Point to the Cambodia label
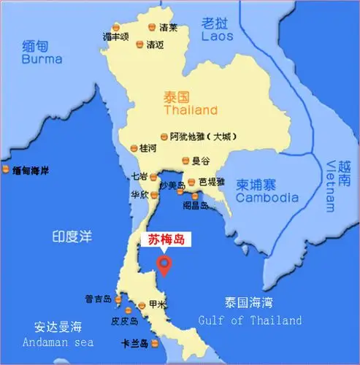[x=267, y=197]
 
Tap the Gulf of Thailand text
[x=250, y=320]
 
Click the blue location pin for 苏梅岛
[x=165, y=264]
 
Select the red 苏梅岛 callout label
[x=163, y=239]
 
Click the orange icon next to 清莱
[x=151, y=27]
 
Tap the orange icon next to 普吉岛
[x=118, y=298]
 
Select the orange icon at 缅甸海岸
[x=7, y=170]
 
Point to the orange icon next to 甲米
[x=141, y=304]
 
